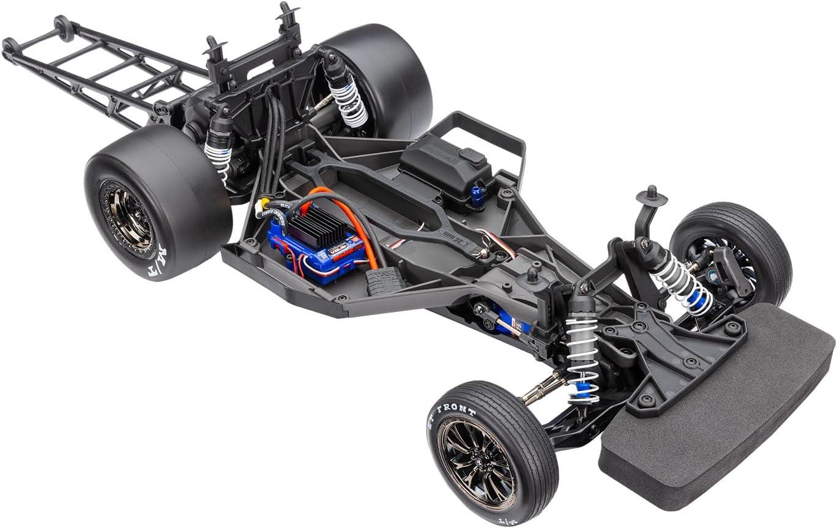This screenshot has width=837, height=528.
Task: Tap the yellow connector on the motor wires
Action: pos(264,202)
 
